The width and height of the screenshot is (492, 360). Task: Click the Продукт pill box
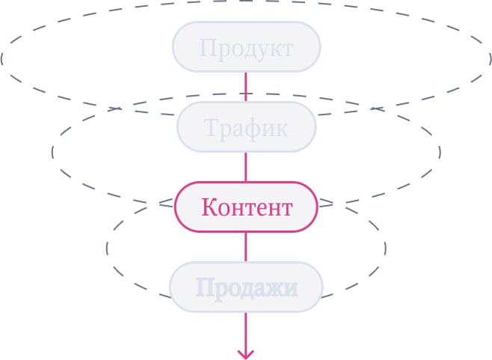point(246,47)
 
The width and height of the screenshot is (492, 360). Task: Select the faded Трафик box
point(246,127)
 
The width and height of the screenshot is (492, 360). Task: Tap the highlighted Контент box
point(246,207)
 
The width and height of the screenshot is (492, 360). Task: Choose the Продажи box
point(246,287)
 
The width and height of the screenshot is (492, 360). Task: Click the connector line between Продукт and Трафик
point(246,87)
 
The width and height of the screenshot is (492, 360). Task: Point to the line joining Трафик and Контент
point(246,167)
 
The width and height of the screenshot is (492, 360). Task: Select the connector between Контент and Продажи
point(246,247)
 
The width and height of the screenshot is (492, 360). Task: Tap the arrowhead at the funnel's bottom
point(246,355)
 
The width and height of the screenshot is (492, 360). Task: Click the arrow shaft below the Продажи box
point(246,335)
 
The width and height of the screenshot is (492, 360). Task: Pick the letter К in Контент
point(210,207)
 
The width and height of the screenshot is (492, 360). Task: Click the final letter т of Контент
point(286,210)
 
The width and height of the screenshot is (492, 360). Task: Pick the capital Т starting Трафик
point(212,127)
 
